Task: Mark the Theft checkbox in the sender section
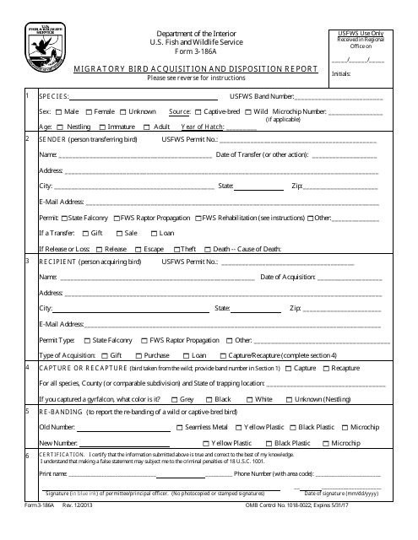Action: [176, 249]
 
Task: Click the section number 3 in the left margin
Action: [29, 262]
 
